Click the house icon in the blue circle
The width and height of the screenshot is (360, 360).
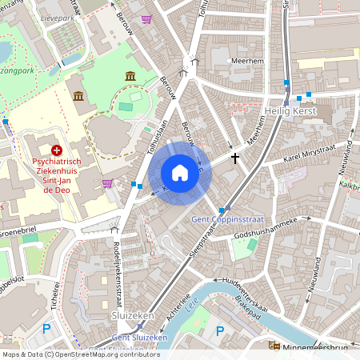point(180,173)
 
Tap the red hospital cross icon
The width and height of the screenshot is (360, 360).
point(56,150)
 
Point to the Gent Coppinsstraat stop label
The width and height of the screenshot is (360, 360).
point(224,219)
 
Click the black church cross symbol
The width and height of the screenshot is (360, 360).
point(234,158)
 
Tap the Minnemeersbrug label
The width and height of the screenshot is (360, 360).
point(320,346)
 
